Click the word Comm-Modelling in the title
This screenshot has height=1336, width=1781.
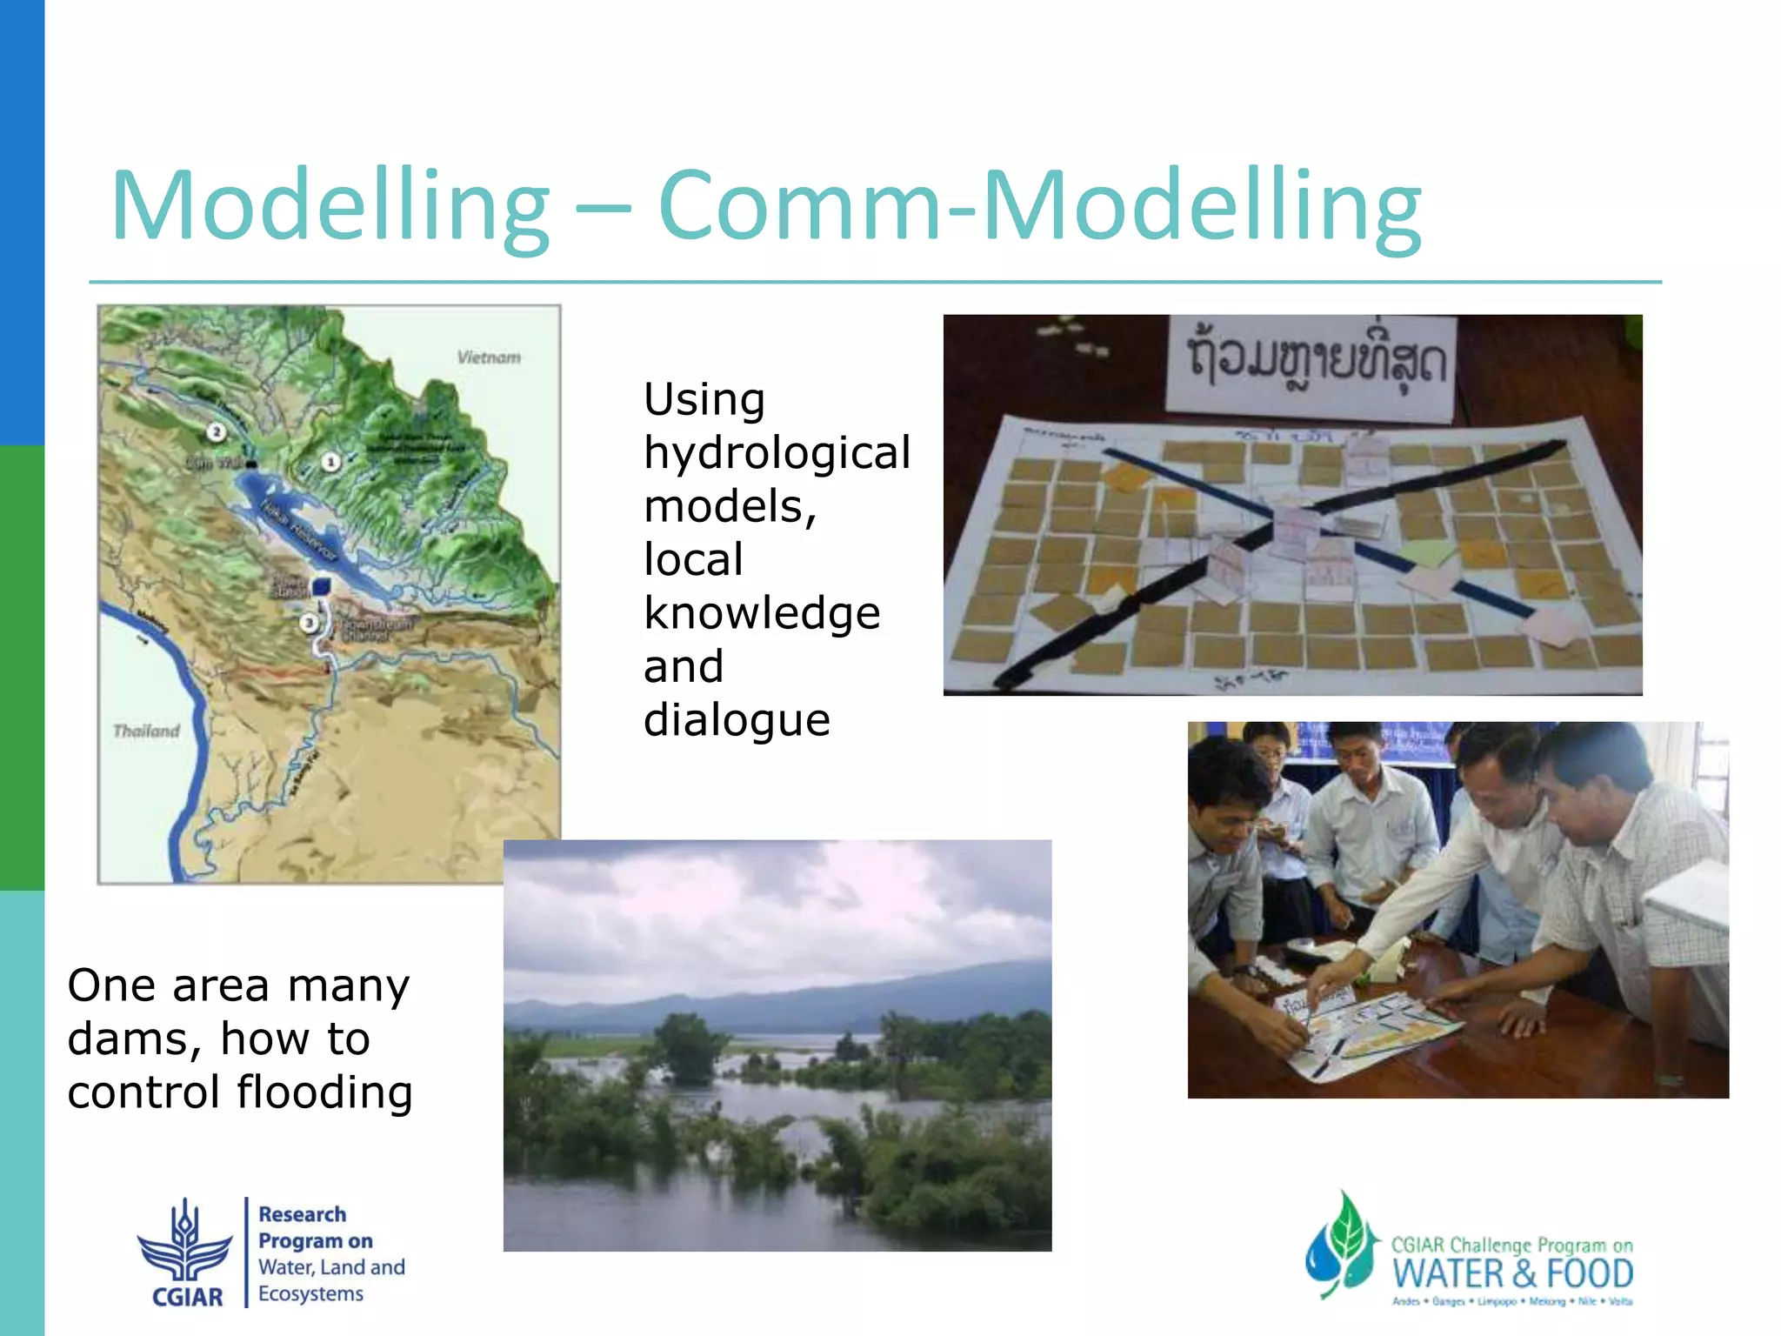tap(1039, 207)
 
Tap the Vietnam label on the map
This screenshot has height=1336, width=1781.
tap(489, 357)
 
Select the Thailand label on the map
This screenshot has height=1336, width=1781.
tap(146, 731)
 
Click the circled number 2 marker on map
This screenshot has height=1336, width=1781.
tap(217, 431)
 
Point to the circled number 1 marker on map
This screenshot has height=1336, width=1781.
tap(330, 462)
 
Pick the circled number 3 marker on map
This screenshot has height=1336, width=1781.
tap(309, 623)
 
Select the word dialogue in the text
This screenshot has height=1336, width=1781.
tap(737, 720)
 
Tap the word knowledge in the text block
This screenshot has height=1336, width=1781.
tap(762, 613)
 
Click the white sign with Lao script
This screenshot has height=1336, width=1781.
tap(1311, 364)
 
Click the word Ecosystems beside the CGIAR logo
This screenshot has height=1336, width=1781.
tap(310, 1294)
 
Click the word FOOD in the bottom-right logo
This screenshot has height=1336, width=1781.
tap(1590, 1274)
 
